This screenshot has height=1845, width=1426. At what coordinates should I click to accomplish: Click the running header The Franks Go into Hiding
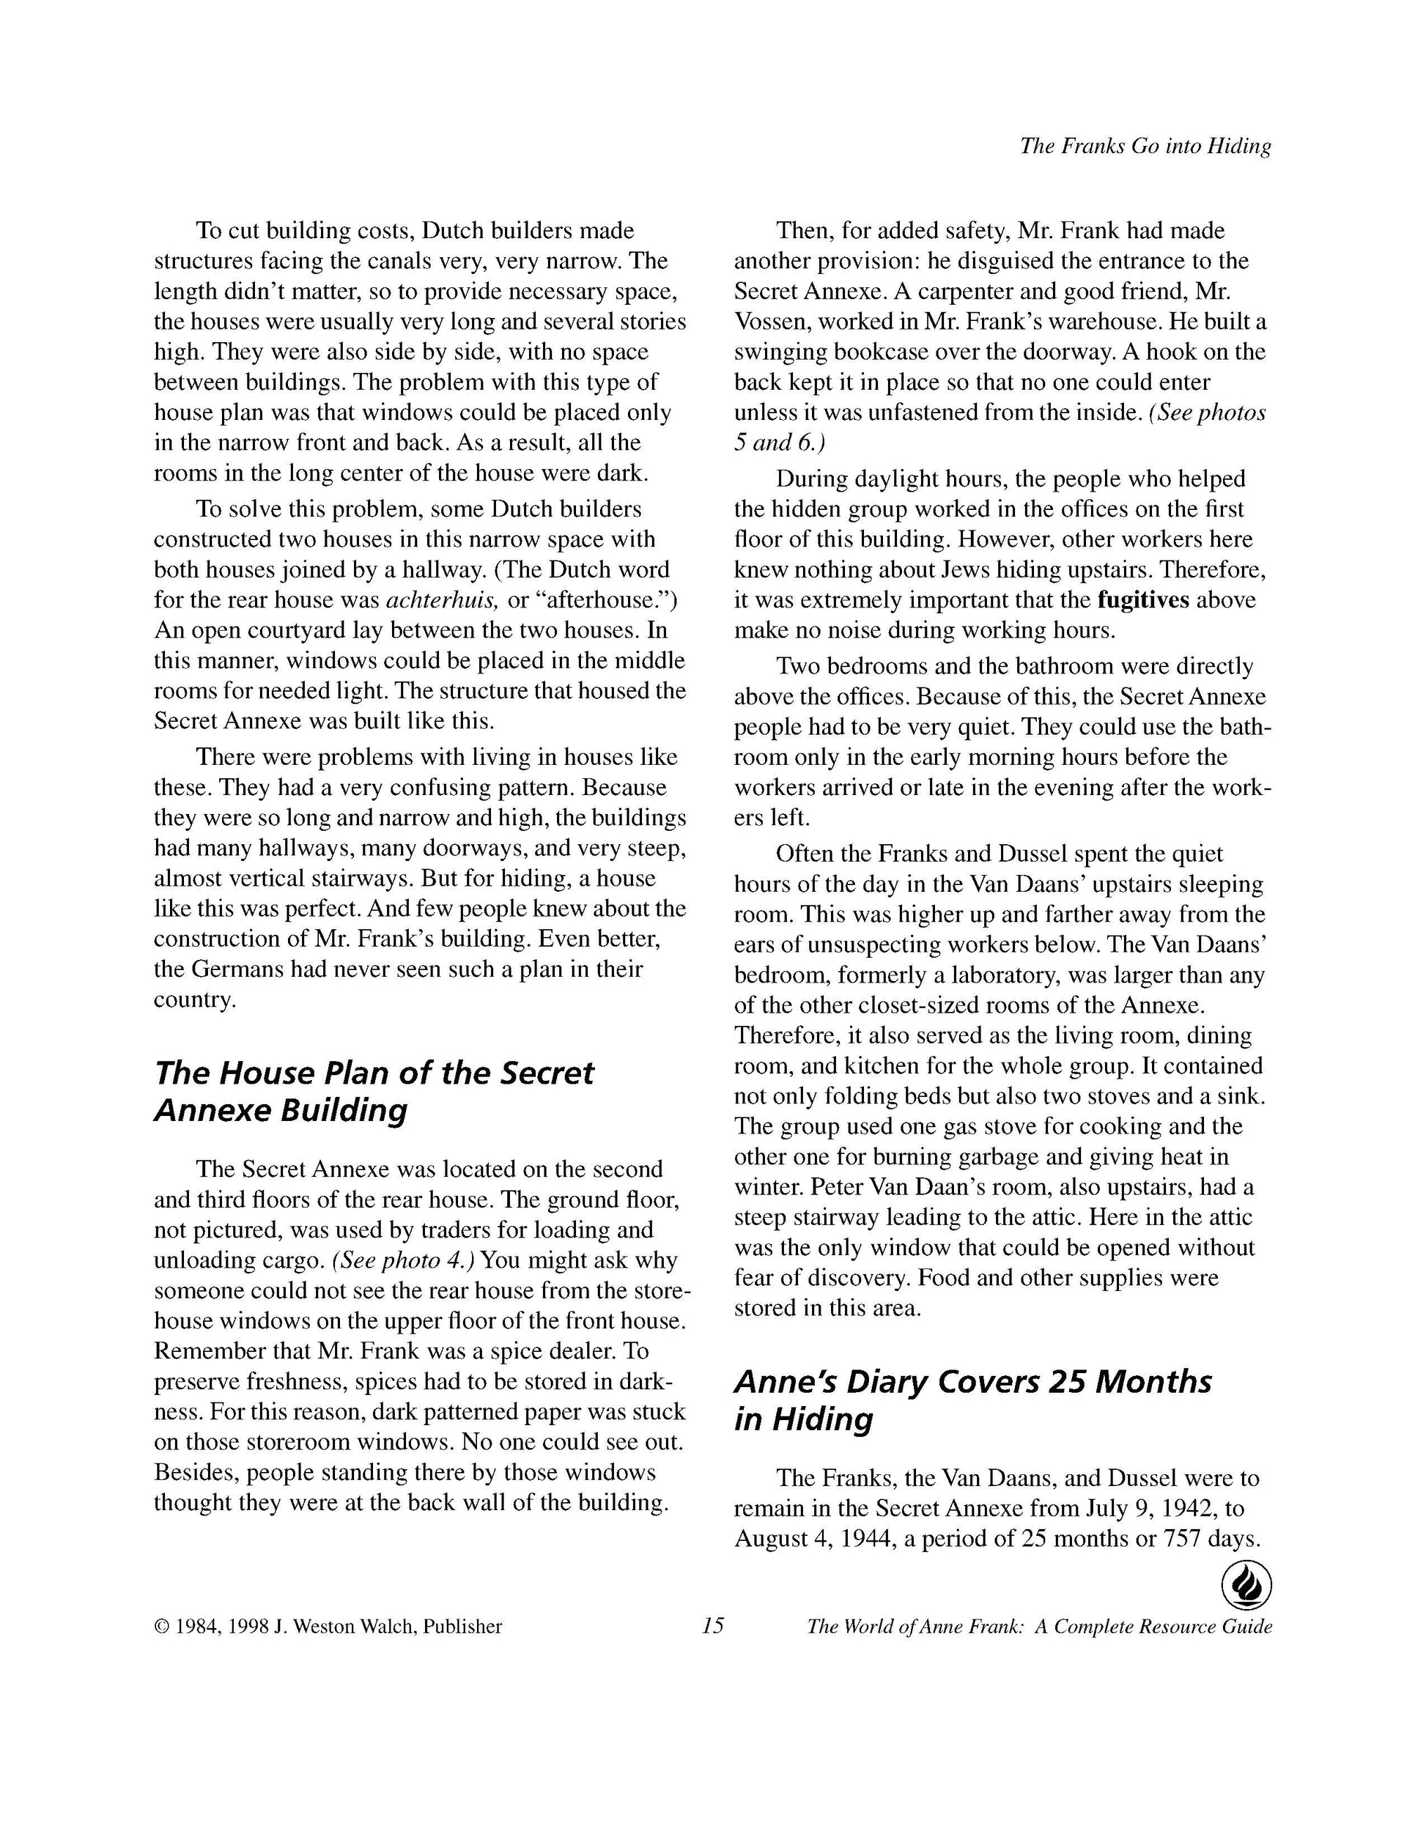(1145, 146)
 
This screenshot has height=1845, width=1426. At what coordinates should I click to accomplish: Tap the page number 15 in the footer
(712, 1625)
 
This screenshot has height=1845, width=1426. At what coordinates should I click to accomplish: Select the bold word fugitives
(1143, 600)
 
